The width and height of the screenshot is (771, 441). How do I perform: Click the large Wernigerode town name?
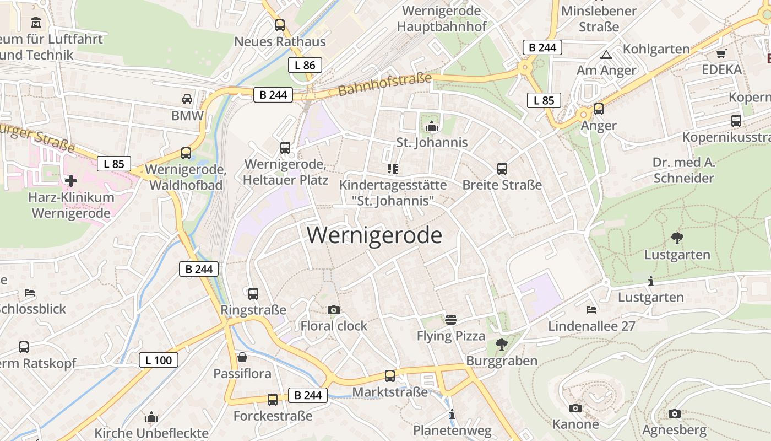[x=374, y=235]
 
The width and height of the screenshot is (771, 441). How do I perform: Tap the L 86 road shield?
[x=305, y=65]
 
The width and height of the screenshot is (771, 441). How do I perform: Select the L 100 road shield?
[x=158, y=361]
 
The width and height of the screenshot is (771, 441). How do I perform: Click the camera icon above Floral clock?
[x=333, y=310]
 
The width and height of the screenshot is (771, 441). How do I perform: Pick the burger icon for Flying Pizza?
[x=451, y=320]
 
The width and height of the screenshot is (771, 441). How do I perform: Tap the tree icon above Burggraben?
[x=501, y=345]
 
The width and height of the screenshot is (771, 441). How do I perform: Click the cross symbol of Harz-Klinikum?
[x=70, y=180]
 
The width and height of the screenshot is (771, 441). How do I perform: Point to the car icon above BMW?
[x=187, y=99]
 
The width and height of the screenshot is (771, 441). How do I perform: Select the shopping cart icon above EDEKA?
[x=721, y=53]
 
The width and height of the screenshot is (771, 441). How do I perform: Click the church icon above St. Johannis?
[x=432, y=127]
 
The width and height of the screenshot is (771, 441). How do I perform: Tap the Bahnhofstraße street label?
[x=385, y=84]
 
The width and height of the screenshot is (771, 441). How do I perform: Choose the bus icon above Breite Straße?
[x=502, y=169]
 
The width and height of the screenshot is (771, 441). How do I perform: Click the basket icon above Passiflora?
[x=242, y=357]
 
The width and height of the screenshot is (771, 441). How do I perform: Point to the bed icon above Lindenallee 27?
[x=591, y=310]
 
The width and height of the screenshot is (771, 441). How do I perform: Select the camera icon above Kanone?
[x=575, y=408]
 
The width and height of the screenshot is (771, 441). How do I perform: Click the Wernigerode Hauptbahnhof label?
[x=442, y=19]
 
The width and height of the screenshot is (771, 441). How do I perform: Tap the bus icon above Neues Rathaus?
[x=280, y=25]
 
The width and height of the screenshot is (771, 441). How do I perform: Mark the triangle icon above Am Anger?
[x=606, y=55]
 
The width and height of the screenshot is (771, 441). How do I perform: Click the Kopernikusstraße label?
[x=726, y=137]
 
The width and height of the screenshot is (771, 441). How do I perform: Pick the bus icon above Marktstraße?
[x=390, y=376]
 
